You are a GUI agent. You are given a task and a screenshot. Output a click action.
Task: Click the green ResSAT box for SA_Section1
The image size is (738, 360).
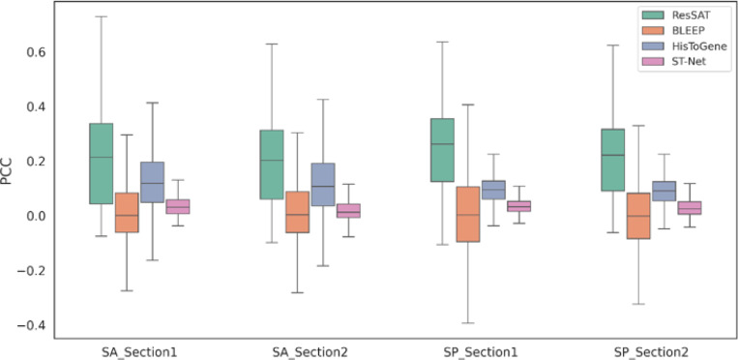(x=101, y=164)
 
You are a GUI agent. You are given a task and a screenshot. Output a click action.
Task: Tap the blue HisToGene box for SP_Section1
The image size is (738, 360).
(x=493, y=190)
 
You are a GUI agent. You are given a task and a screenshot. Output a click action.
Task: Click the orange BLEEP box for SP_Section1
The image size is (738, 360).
(x=468, y=215)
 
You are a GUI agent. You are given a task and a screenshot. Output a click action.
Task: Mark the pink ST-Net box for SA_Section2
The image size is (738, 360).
(x=348, y=211)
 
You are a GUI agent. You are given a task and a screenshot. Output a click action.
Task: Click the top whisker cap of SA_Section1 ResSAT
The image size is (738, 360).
(x=101, y=16)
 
